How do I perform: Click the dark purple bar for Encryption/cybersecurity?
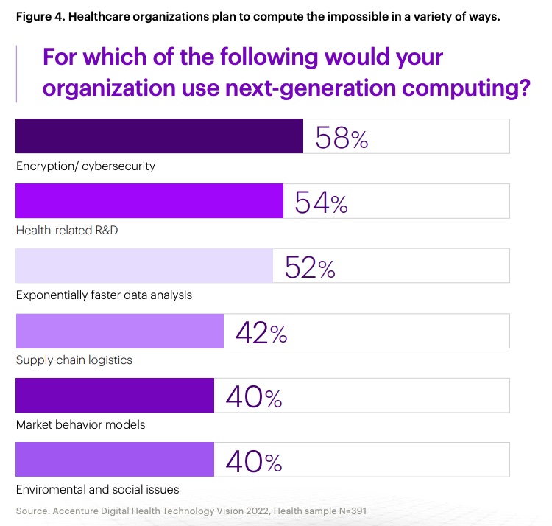point(159,136)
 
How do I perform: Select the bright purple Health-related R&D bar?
point(149,201)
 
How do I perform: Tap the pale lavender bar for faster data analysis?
point(144,266)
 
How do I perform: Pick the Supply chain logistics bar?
point(119,331)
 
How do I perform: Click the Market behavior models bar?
point(115,396)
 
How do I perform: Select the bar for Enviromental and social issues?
point(115,460)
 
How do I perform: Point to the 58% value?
point(341,138)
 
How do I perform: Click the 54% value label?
point(321,203)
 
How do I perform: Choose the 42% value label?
point(261,332)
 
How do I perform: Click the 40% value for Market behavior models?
point(253,397)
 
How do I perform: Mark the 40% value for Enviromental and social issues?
point(253,462)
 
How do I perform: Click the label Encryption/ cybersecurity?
point(85,166)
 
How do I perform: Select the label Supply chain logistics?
point(74,360)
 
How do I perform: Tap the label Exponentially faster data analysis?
point(104,295)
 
